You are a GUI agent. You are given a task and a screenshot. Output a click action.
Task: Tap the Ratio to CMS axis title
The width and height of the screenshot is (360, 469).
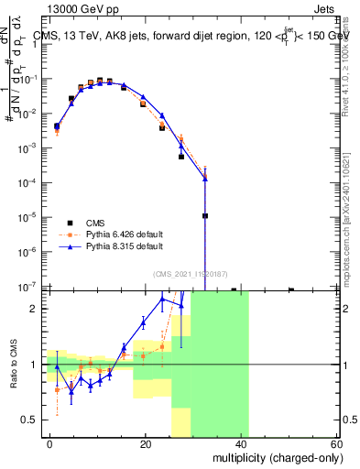[x=15, y=365]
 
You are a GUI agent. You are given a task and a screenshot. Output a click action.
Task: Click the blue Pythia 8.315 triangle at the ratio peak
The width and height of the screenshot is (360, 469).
[x=162, y=300]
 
